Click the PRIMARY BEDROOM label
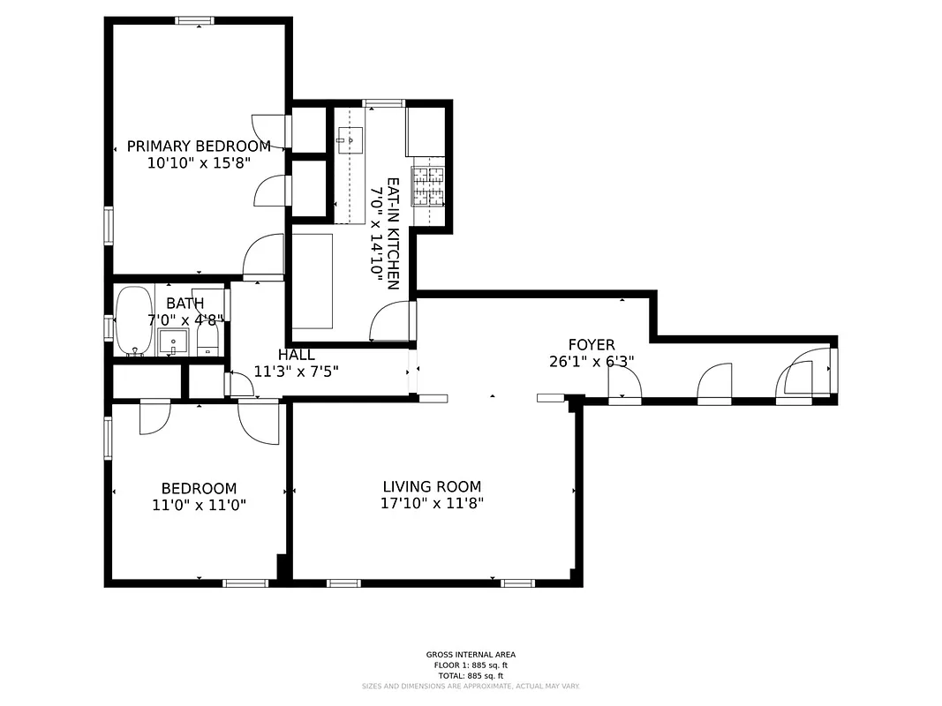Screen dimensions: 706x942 click(199, 146)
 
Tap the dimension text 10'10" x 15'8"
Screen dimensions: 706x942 click(199, 163)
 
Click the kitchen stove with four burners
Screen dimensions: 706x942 click(428, 186)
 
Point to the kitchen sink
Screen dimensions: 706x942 click(350, 139)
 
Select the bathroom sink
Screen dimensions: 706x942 click(173, 342)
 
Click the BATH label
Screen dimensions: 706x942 click(185, 304)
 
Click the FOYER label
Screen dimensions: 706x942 click(591, 345)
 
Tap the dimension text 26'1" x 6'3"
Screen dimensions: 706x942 click(591, 362)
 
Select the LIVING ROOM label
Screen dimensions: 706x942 click(432, 486)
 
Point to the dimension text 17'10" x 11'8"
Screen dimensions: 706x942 click(432, 504)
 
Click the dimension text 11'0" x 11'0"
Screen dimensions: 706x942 click(199, 506)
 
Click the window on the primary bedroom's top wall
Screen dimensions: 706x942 click(194, 20)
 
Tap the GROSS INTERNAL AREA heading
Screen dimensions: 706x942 click(471, 655)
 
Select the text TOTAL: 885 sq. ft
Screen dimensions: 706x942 click(471, 675)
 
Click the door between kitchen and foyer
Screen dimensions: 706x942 click(393, 322)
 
